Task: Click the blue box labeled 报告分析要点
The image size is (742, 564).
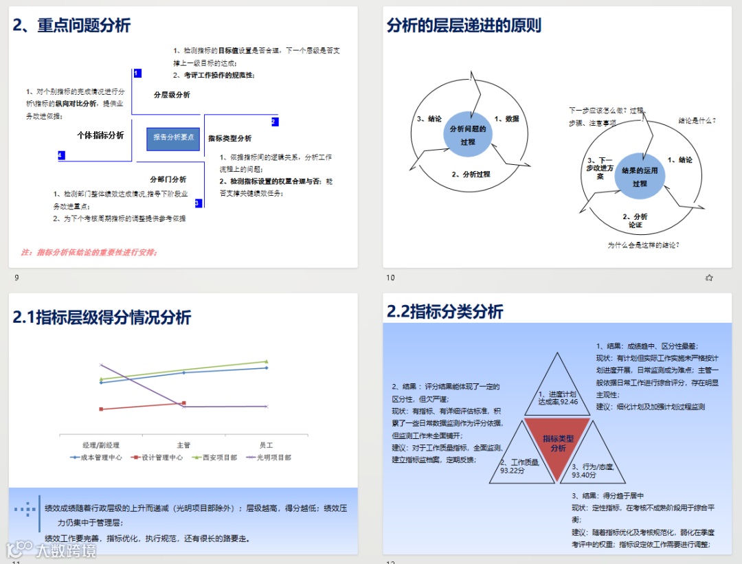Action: point(173,137)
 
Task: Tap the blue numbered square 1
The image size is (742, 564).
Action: point(137,73)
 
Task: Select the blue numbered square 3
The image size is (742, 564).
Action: point(198,203)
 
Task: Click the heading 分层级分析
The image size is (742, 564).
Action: point(172,95)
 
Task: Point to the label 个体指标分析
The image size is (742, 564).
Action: point(100,135)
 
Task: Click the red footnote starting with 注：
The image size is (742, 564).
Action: point(89,252)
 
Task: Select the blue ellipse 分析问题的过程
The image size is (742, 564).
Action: point(468,135)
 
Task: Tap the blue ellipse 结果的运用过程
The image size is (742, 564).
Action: point(640,177)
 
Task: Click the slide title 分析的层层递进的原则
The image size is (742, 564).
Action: point(464,25)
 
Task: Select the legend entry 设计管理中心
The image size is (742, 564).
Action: point(157,457)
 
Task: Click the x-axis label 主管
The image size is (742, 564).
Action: point(183,445)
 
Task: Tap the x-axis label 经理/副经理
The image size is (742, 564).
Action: point(101,445)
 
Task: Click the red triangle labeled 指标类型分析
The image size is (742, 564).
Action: point(557,441)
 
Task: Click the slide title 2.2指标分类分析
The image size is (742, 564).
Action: point(445,311)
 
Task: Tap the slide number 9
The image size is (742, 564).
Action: point(16,278)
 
